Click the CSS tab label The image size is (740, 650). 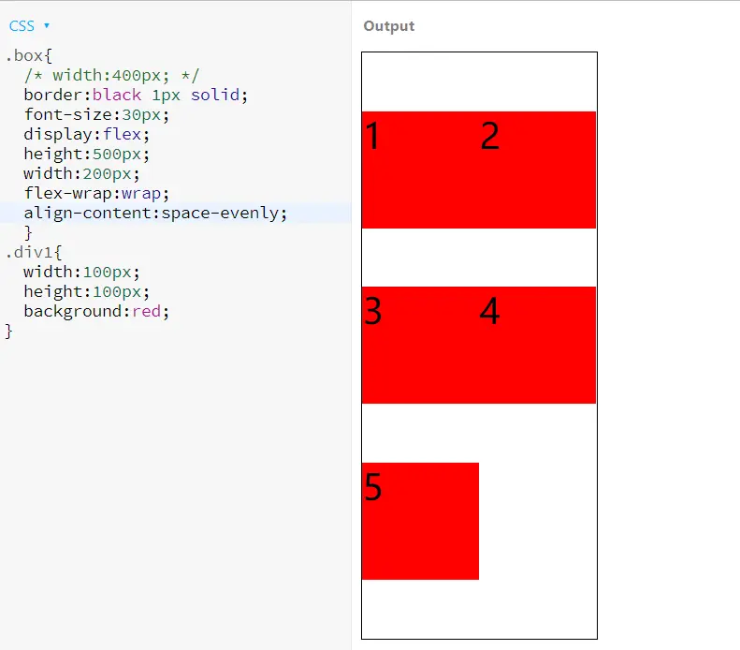point(22,26)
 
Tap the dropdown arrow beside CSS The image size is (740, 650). point(47,26)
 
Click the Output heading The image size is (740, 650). point(388,26)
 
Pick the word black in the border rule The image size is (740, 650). point(116,95)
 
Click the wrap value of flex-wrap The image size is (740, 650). point(151,193)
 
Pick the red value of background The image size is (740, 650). point(146,311)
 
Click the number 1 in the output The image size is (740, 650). point(372,137)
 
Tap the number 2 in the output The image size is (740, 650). point(489,137)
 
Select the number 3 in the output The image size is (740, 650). point(372,311)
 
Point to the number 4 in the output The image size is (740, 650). point(489,311)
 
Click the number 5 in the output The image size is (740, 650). point(372,487)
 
